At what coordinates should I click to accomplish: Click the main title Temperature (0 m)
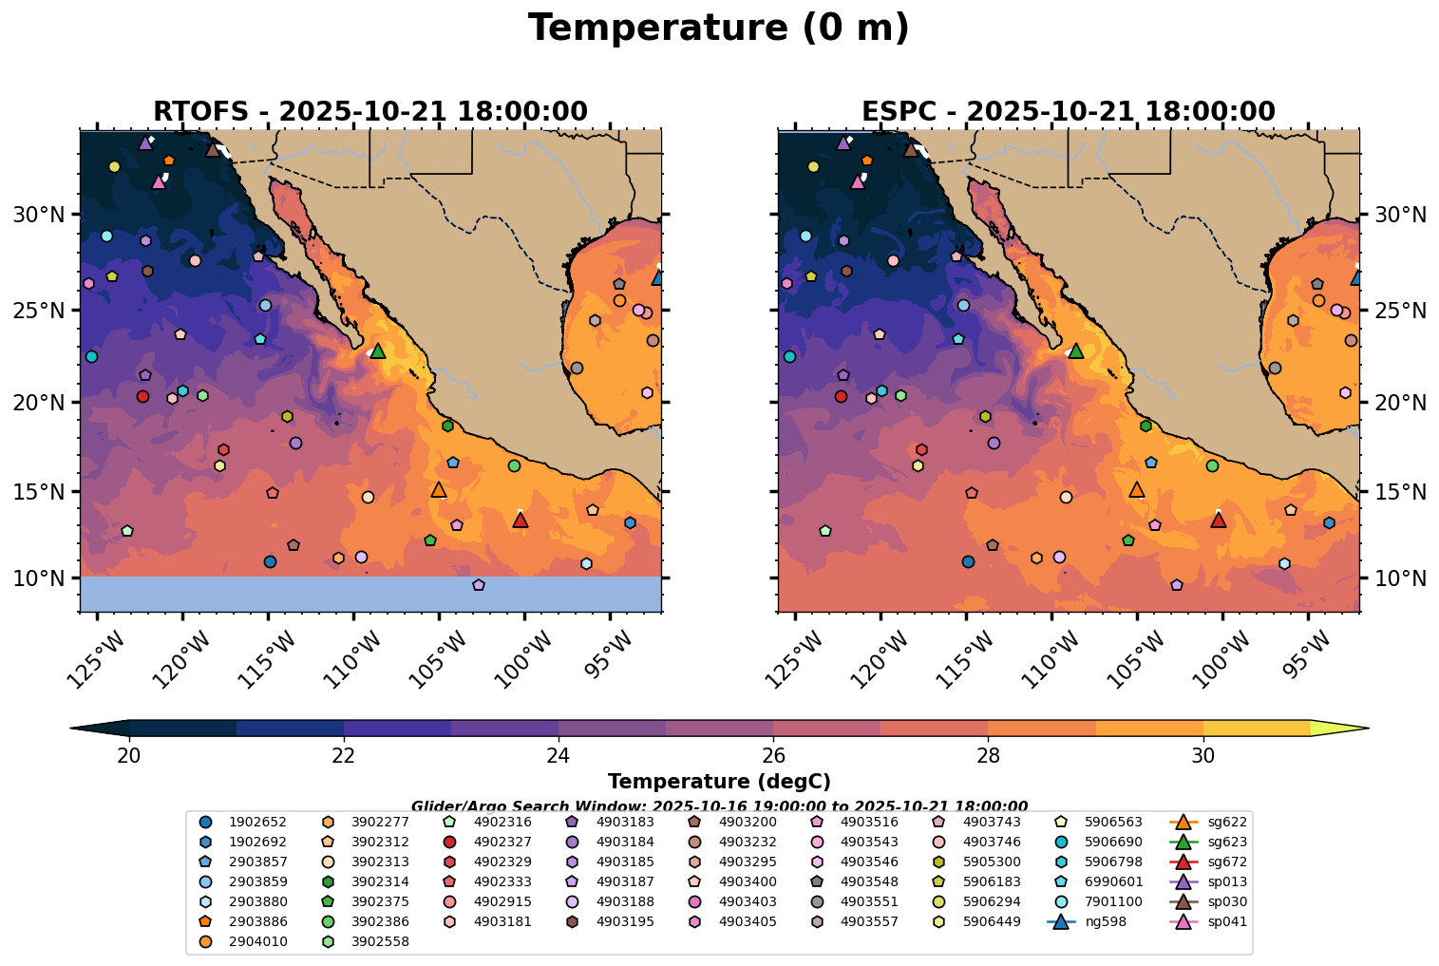tap(718, 28)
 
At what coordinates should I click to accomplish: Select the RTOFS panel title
tap(369, 111)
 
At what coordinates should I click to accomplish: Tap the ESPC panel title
tap(1068, 111)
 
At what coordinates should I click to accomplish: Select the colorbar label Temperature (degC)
tap(718, 782)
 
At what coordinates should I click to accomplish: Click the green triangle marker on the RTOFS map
tap(378, 350)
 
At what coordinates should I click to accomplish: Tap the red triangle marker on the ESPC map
tap(1219, 520)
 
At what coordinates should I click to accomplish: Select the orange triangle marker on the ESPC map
tap(1137, 490)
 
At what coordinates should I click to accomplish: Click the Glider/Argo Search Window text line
tap(718, 805)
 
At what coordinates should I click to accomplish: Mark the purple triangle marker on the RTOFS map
tap(145, 143)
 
